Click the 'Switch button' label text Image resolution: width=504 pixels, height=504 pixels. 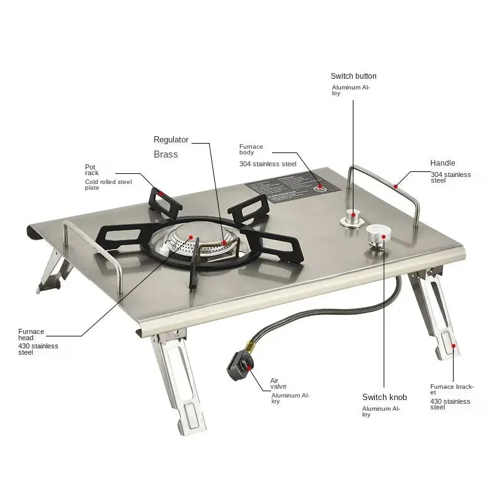point(353,76)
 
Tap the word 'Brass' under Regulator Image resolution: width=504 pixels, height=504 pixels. point(166,154)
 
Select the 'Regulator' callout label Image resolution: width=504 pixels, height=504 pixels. point(171,140)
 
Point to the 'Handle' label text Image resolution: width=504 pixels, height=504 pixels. point(442,163)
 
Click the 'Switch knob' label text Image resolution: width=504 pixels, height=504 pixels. point(384,397)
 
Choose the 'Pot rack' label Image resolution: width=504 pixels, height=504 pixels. point(92,170)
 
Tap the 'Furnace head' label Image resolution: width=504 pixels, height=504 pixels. point(31,335)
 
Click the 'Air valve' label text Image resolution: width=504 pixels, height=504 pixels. point(275,384)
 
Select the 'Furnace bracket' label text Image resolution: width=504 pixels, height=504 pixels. point(451,389)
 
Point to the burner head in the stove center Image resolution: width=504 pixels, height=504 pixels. point(197,242)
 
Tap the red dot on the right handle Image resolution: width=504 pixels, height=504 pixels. point(395,185)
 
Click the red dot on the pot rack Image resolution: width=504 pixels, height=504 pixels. point(161,193)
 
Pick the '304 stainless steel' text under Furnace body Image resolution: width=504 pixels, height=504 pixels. point(267,164)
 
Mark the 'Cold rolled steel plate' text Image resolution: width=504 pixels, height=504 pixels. point(108,185)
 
